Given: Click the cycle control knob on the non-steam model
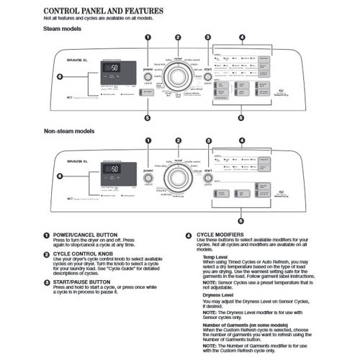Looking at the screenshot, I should (178, 178).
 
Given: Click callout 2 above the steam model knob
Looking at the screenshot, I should (178, 37).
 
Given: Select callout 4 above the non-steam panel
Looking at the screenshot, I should (241, 140).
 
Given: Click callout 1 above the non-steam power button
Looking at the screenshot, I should (148, 140).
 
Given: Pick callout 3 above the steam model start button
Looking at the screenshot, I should (207, 37).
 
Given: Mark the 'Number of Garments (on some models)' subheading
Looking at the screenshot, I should (248, 325).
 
